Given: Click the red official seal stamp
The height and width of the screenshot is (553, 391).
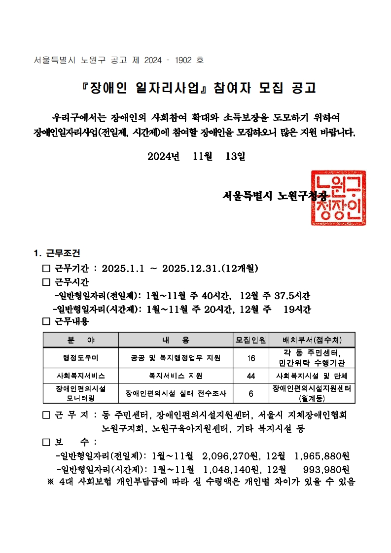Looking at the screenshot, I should click(x=338, y=198).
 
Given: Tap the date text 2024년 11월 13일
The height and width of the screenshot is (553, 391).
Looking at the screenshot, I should click(x=196, y=156).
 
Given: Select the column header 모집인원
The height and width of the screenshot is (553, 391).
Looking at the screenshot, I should click(x=251, y=340).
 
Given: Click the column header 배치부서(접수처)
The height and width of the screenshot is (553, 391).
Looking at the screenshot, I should click(x=312, y=340).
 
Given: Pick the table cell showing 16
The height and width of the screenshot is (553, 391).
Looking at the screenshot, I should click(x=251, y=358).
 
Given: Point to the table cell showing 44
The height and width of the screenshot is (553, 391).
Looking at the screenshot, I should click(x=251, y=376).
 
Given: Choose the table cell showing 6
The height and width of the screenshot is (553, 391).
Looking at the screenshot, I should click(x=251, y=393).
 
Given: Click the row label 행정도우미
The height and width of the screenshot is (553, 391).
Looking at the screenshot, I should click(x=81, y=358).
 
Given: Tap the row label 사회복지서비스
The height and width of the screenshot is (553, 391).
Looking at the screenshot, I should click(x=81, y=376).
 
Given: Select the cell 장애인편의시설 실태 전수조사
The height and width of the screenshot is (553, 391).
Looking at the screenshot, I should click(x=176, y=393).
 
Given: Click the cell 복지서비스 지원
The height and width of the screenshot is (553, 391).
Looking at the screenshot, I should click(x=176, y=376).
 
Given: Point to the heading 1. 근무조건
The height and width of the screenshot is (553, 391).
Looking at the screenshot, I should click(x=57, y=254).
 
